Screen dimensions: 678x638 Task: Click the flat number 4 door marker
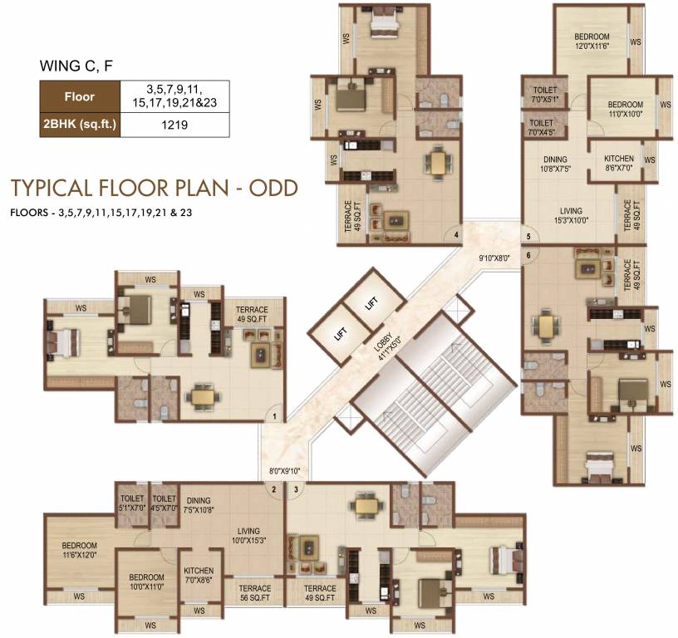(x=456, y=235)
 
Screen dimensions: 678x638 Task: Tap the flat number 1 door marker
(x=275, y=417)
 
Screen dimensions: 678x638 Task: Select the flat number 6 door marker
(x=528, y=256)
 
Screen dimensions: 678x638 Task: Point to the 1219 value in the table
(x=174, y=125)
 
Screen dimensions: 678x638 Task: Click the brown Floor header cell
(x=80, y=97)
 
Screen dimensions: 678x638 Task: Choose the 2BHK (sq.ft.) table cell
(x=80, y=125)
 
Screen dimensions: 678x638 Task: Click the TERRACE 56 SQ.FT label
(x=255, y=593)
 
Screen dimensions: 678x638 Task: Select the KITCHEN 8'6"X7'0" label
(x=619, y=163)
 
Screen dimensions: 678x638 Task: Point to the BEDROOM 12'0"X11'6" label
(x=592, y=41)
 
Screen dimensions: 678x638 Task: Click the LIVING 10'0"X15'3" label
(x=248, y=535)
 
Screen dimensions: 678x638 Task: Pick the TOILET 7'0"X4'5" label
(x=542, y=127)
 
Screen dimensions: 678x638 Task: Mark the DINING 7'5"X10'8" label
(x=199, y=505)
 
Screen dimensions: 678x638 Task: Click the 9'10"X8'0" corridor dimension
(x=494, y=258)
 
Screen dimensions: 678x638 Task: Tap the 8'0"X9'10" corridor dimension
(x=284, y=471)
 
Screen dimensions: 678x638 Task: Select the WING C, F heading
(x=76, y=66)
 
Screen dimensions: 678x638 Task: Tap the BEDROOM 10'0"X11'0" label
(x=146, y=582)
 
